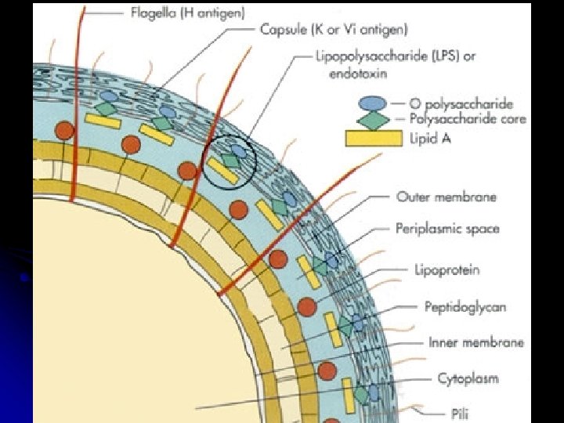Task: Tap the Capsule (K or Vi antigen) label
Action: pyautogui.click(x=334, y=31)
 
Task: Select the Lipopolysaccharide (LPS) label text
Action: pyautogui.click(x=395, y=56)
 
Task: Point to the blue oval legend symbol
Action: pyautogui.click(x=373, y=103)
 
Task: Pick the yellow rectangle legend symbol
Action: pyautogui.click(x=373, y=139)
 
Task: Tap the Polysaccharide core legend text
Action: pyautogui.click(x=468, y=119)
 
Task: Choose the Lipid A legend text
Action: pyautogui.click(x=435, y=139)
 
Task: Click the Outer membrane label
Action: pyautogui.click(x=446, y=197)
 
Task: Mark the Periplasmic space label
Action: pyautogui.click(x=447, y=229)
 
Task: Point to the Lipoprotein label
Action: pyautogui.click(x=446, y=270)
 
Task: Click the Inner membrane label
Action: pyautogui.click(x=476, y=342)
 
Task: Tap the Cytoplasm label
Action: pyautogui.click(x=468, y=378)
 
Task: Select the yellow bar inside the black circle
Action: pyautogui.click(x=222, y=172)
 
